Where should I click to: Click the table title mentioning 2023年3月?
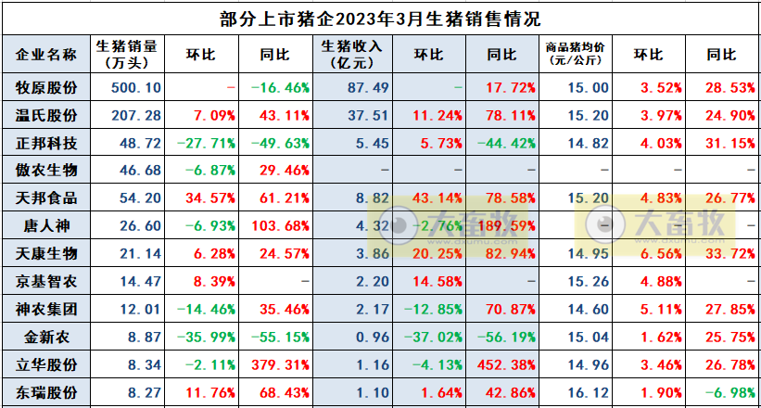click(380, 18)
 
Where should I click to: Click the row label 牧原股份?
click(47, 87)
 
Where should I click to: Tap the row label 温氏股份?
click(47, 115)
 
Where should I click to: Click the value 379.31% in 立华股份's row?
click(279, 363)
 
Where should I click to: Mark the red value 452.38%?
click(501, 363)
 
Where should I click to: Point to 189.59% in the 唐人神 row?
click(501, 225)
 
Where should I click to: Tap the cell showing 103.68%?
click(279, 225)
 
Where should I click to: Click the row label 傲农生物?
click(47, 171)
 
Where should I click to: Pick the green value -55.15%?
click(279, 336)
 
